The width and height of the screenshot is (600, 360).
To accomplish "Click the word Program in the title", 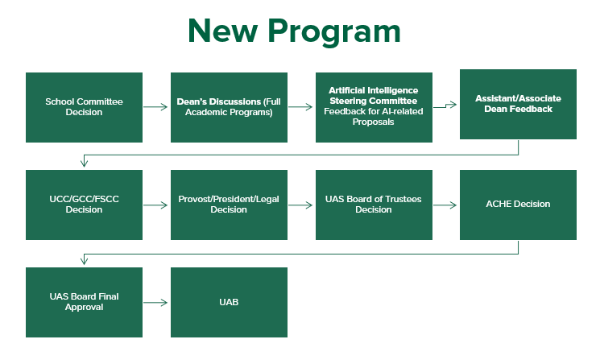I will (333, 31).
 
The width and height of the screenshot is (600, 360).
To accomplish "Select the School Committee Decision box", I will (84, 107).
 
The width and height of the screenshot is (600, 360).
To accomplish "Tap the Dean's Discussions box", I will (229, 107).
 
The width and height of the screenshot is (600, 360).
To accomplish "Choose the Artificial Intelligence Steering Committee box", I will (373, 107).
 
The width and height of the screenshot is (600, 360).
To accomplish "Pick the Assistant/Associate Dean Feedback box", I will (518, 105).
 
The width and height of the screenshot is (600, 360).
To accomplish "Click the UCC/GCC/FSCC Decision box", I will (84, 205).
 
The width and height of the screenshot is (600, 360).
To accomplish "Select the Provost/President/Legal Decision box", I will (229, 205).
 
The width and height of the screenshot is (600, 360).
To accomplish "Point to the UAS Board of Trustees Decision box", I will (373, 205).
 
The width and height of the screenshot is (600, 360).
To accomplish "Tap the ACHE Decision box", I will (518, 205).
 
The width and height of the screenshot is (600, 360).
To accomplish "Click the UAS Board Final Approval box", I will (84, 302).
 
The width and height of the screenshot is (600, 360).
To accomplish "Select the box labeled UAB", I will (229, 302).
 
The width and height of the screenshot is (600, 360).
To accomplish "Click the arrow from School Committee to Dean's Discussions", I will (156, 106).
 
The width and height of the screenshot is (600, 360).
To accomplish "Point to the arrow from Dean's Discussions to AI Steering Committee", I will (301, 106).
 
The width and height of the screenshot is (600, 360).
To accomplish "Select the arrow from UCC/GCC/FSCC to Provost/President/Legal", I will (156, 205).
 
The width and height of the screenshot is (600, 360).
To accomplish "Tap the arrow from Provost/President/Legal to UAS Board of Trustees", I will (301, 205).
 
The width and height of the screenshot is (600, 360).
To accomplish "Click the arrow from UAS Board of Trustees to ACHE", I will (445, 205).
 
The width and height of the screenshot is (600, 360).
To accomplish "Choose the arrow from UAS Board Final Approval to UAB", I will (156, 303).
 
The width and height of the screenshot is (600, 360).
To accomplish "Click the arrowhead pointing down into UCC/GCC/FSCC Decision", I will (84, 164).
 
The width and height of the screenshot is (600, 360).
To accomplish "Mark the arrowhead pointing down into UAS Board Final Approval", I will (84, 262).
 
